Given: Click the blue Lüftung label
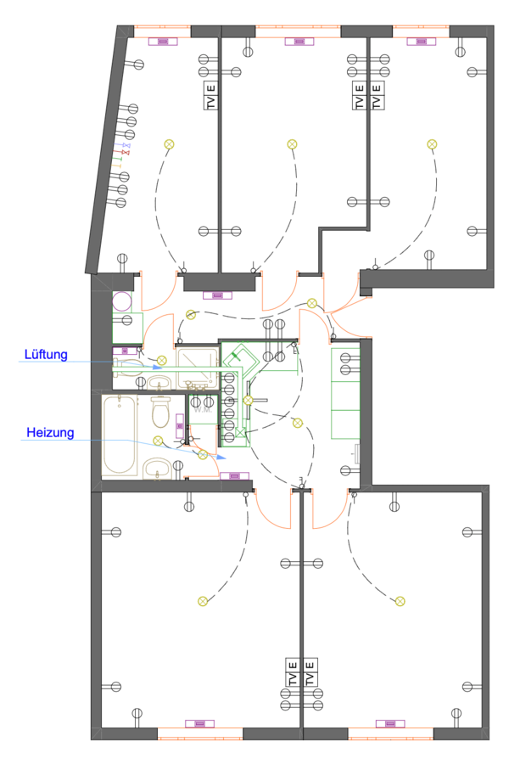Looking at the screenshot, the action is pyautogui.click(x=46, y=354).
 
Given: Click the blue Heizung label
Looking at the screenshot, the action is pyautogui.click(x=50, y=433).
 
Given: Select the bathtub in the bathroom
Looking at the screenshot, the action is pyautogui.click(x=119, y=435).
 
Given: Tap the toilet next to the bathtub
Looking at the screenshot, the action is pyautogui.click(x=160, y=412).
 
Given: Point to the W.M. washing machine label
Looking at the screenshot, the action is pyautogui.click(x=203, y=410).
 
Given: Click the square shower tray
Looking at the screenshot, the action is pyautogui.click(x=198, y=368).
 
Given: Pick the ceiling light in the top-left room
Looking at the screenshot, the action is pyautogui.click(x=169, y=144).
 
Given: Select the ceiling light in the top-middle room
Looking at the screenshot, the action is pyautogui.click(x=292, y=144).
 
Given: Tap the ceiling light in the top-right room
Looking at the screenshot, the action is pyautogui.click(x=432, y=144).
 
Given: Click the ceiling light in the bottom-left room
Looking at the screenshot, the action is pyautogui.click(x=203, y=601).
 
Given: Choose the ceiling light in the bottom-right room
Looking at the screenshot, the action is pyautogui.click(x=400, y=601).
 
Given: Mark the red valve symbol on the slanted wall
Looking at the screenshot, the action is pyautogui.click(x=126, y=153).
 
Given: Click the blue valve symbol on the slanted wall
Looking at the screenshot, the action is pyautogui.click(x=126, y=145).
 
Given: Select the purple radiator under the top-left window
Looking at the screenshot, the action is pyautogui.click(x=163, y=42).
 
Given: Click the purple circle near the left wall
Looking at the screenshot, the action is pyautogui.click(x=122, y=302).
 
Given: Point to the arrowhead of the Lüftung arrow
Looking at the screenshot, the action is pyautogui.click(x=157, y=366).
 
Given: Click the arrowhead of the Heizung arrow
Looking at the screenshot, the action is pyautogui.click(x=222, y=458).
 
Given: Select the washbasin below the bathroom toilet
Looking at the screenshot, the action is pyautogui.click(x=157, y=469).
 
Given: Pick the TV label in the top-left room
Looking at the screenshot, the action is pyautogui.click(x=211, y=103).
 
